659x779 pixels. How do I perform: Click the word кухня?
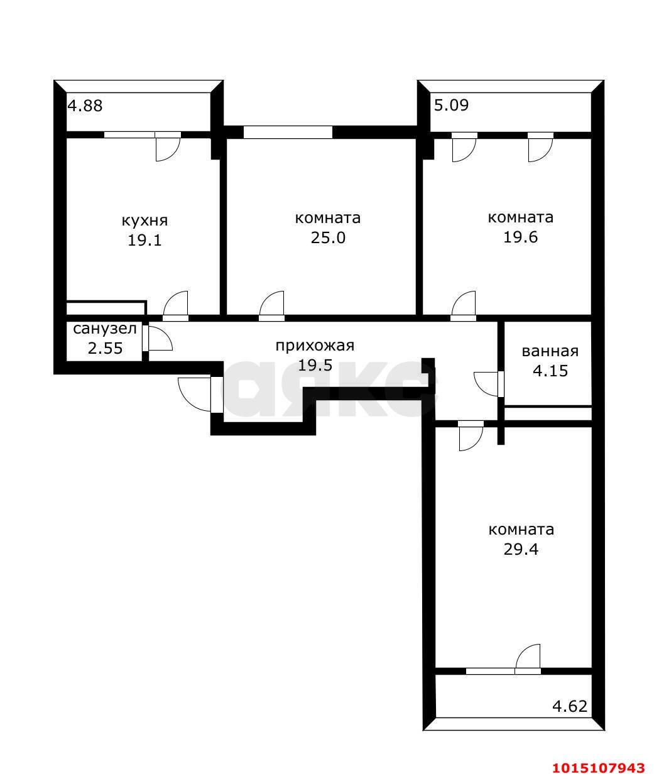pos(144,221)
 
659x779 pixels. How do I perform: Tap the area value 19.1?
pos(144,240)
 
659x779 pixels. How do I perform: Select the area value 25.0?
pos(328,238)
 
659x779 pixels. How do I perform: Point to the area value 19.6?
pos(520,237)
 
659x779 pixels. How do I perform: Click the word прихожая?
pos(315,346)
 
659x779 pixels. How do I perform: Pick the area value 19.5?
pos(315,365)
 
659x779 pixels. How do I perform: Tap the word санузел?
pos(105,329)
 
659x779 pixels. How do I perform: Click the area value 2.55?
pos(105,348)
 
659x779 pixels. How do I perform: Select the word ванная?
pos(550,351)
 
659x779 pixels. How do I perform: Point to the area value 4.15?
pos(550,371)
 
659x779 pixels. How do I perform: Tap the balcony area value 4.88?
pos(85,106)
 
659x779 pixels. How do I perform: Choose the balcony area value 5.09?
pos(451,105)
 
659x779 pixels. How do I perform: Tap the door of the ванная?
pos(486,384)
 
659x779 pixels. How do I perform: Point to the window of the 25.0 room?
pos(288,133)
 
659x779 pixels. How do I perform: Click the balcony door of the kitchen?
pos(168,146)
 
